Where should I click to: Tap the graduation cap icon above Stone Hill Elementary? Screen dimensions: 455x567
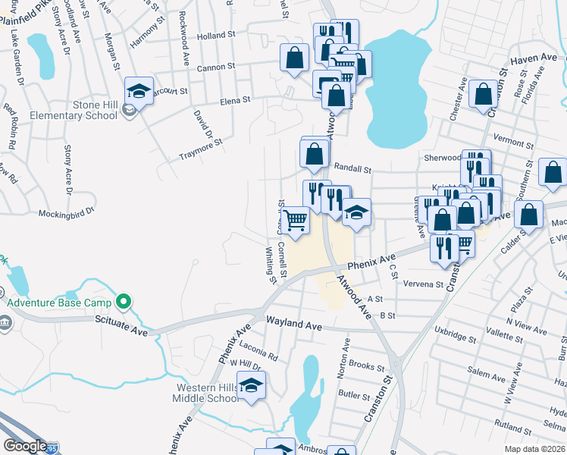click(x=139, y=91)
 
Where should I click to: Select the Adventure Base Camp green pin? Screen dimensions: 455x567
click(x=127, y=303)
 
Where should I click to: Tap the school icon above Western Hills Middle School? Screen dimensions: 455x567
click(x=252, y=385)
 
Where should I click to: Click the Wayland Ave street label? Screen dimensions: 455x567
click(x=294, y=325)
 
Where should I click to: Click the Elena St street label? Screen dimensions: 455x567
click(x=235, y=100)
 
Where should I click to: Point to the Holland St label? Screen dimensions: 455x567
click(x=212, y=36)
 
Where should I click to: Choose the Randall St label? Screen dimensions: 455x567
click(x=352, y=169)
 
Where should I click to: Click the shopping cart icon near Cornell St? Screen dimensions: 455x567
click(x=296, y=220)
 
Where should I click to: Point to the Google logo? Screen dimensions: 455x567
click(x=25, y=446)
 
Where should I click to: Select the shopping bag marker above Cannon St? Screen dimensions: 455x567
click(x=294, y=58)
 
